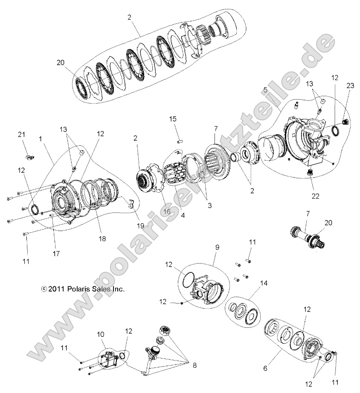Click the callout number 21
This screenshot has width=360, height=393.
point(21,135)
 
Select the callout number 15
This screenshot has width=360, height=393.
point(172,118)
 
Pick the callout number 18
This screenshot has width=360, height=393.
point(102,239)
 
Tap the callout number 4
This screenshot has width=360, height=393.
point(183,216)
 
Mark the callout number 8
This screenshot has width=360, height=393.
point(195,365)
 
